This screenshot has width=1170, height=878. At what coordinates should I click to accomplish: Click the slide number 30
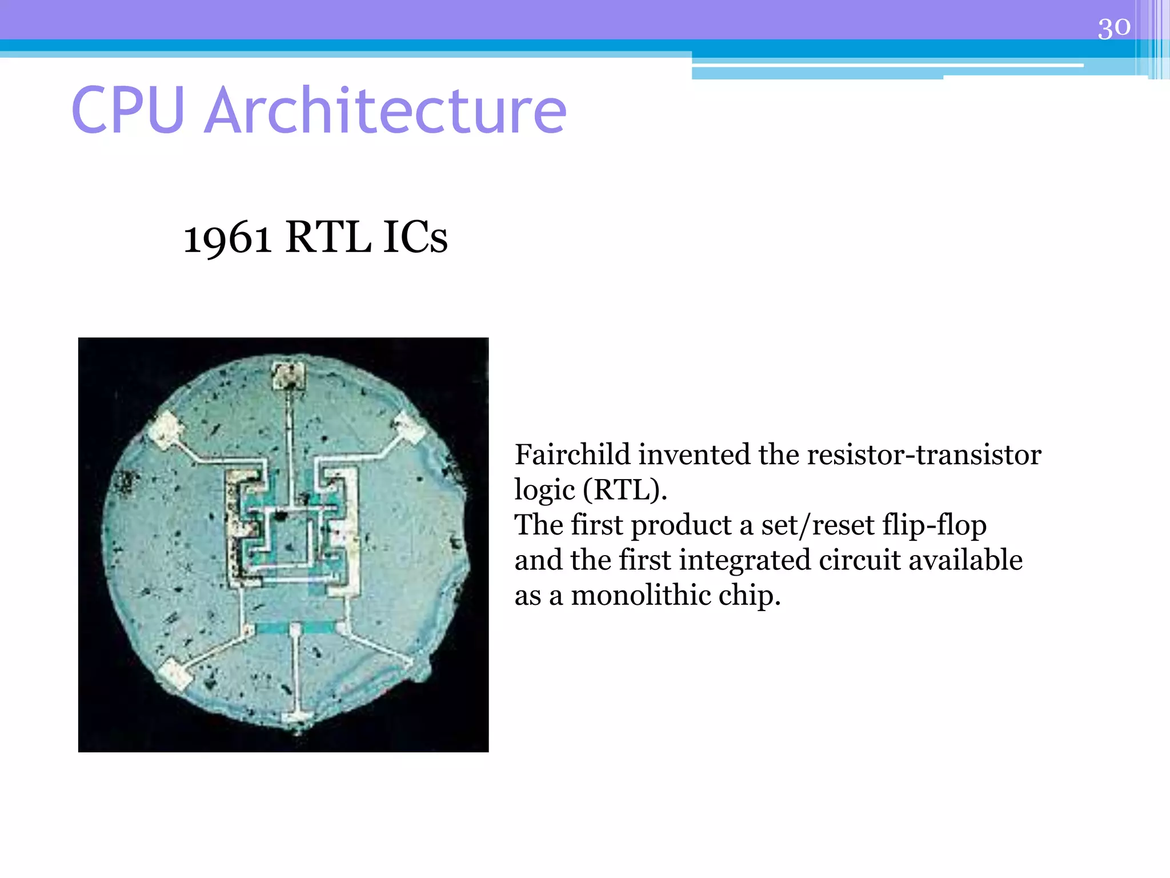1113,27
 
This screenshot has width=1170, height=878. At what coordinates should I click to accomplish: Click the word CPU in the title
128,110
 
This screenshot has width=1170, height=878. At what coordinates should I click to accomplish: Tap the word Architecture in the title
385,110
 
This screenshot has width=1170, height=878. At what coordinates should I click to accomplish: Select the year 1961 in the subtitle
227,238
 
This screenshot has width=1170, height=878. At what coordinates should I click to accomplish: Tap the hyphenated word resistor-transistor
924,455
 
